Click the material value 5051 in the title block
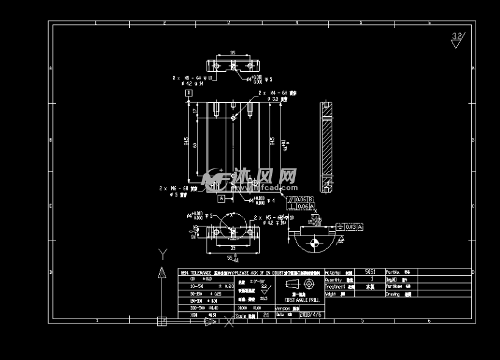tap(370, 272)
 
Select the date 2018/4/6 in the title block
tap(311, 315)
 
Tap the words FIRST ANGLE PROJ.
tap(302, 301)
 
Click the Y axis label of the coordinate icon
tap(162, 254)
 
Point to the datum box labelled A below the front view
tap(222, 198)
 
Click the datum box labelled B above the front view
tap(189, 93)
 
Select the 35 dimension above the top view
tap(232, 54)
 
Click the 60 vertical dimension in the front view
tap(195, 145)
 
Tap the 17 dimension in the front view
tap(195, 111)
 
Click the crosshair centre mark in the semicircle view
tap(314, 243)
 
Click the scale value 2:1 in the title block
tap(266, 315)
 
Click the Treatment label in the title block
tap(335, 286)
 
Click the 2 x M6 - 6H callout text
tap(172, 189)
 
